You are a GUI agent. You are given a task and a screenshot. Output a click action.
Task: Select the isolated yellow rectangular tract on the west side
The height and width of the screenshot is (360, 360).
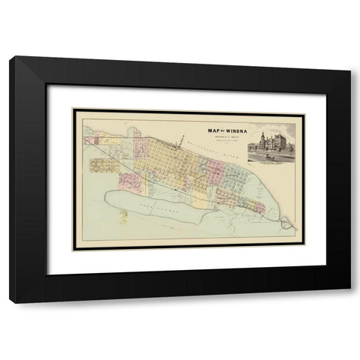pos(102,163)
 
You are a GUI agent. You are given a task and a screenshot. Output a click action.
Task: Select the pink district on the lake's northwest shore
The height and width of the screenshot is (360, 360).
pos(129,180)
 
